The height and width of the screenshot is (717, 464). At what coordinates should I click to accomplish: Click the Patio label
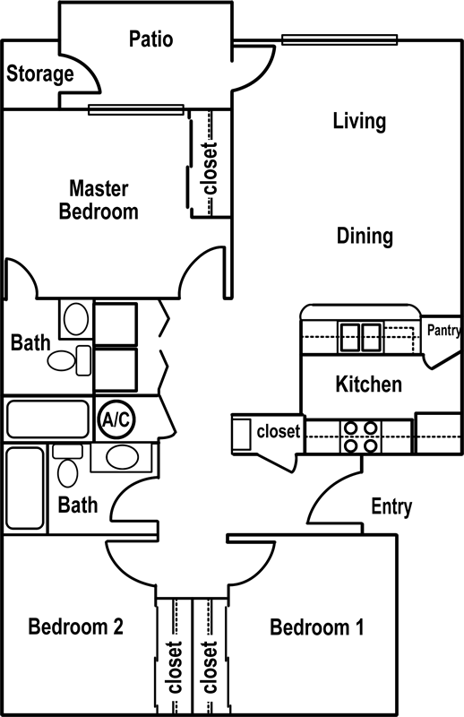coord(150,39)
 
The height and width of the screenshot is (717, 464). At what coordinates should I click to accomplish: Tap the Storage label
coord(39,73)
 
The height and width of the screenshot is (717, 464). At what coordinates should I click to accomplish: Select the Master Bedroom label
coord(99,200)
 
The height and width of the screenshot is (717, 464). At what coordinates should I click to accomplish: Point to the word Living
coord(359,122)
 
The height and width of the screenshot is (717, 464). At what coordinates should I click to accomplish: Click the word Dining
coord(365,237)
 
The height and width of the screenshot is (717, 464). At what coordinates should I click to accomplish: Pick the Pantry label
coord(443,330)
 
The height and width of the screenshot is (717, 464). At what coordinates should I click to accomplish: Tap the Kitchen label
coord(369,384)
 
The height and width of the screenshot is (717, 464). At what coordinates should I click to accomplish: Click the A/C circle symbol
coord(116,419)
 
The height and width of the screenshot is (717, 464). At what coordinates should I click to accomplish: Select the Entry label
coord(391,506)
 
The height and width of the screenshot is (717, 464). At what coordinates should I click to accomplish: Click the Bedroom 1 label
coord(317,626)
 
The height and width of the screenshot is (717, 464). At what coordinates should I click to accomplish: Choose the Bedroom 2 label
coord(76,626)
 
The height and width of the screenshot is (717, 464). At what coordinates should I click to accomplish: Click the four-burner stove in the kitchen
coord(361,436)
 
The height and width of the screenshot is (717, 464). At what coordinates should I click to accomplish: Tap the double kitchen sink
coord(361,337)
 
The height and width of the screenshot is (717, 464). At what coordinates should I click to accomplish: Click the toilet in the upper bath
coord(70,360)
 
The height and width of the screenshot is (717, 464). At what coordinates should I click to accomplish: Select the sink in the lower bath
coord(122,457)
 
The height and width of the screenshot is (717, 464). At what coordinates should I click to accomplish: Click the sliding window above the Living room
coord(339,39)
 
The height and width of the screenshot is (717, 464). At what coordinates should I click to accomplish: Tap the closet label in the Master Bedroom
coord(210,168)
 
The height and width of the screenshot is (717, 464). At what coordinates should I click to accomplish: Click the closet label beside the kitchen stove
coord(279,431)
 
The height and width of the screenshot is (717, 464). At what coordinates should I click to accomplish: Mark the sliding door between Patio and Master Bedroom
coord(136,109)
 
